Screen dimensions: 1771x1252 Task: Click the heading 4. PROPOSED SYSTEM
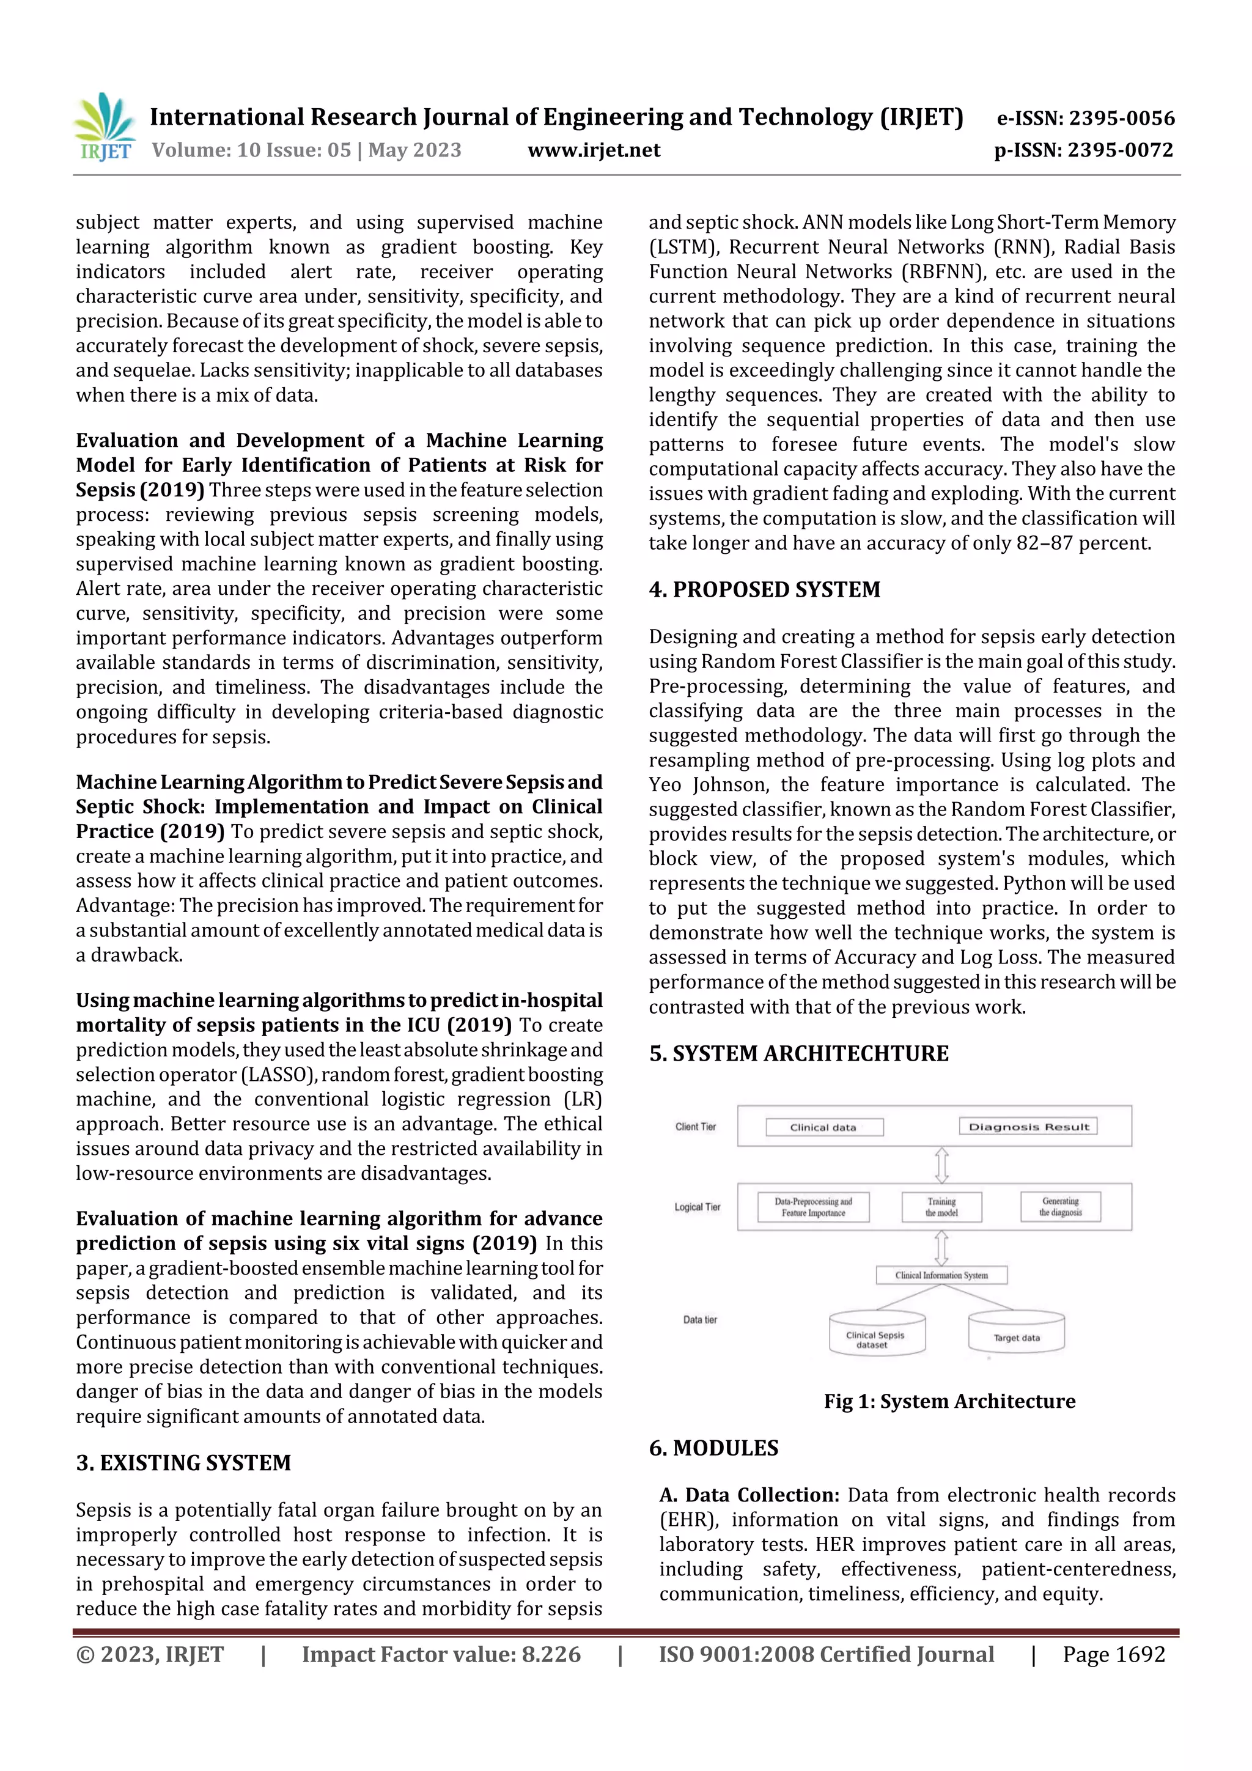[x=764, y=589]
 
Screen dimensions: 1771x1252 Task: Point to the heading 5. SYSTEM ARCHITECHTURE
[x=798, y=1054]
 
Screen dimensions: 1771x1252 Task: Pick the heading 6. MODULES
[x=713, y=1448]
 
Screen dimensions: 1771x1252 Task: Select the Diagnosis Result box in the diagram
[x=1028, y=1127]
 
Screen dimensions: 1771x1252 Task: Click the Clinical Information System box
[x=941, y=1275]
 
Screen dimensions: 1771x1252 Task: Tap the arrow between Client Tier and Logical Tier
[x=941, y=1165]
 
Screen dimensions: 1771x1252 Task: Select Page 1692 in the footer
[x=1113, y=1654]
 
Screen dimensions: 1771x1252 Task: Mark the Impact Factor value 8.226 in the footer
[x=441, y=1654]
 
